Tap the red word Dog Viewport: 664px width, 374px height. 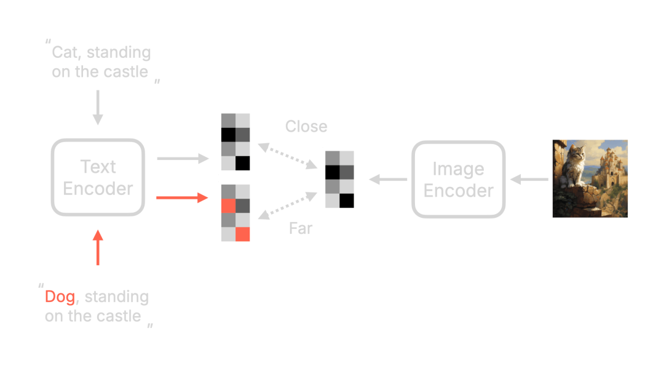tap(60, 297)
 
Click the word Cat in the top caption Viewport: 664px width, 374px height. tap(65, 52)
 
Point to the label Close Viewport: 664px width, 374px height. tap(306, 127)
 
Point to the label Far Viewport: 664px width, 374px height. tap(301, 229)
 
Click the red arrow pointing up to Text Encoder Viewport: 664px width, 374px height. tap(98, 247)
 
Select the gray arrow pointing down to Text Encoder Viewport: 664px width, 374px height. tap(98, 108)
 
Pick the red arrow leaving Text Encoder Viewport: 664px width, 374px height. tap(183, 198)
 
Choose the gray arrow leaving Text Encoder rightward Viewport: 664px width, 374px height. tap(183, 159)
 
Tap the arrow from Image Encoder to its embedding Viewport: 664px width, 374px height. tap(387, 180)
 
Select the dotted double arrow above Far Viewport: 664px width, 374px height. tap(288, 204)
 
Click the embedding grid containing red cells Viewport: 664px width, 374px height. tap(235, 213)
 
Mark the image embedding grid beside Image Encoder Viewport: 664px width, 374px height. tap(340, 179)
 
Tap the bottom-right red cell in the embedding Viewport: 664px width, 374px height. tap(243, 234)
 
